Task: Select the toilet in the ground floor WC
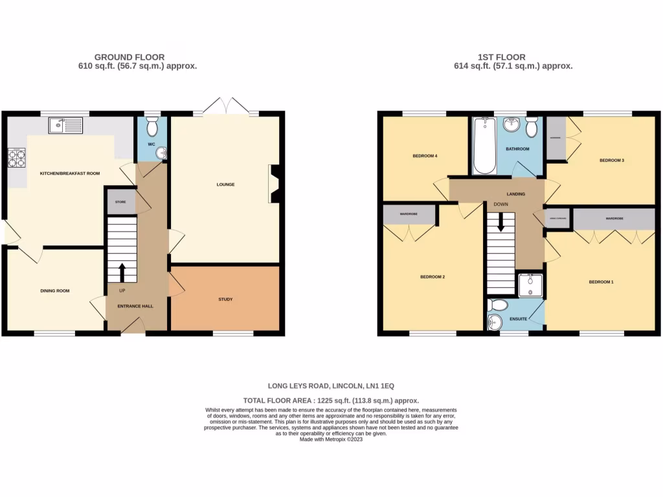click(153, 124)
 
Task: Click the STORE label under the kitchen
click(120, 203)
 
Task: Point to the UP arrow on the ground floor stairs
click(122, 271)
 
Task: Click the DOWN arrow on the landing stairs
click(500, 224)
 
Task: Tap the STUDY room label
click(225, 299)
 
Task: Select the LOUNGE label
click(225, 184)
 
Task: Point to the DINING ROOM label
click(55, 291)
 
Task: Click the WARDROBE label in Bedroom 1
click(614, 219)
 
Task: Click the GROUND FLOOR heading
click(129, 57)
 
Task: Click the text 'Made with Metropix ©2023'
click(331, 439)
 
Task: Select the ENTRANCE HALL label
click(135, 305)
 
